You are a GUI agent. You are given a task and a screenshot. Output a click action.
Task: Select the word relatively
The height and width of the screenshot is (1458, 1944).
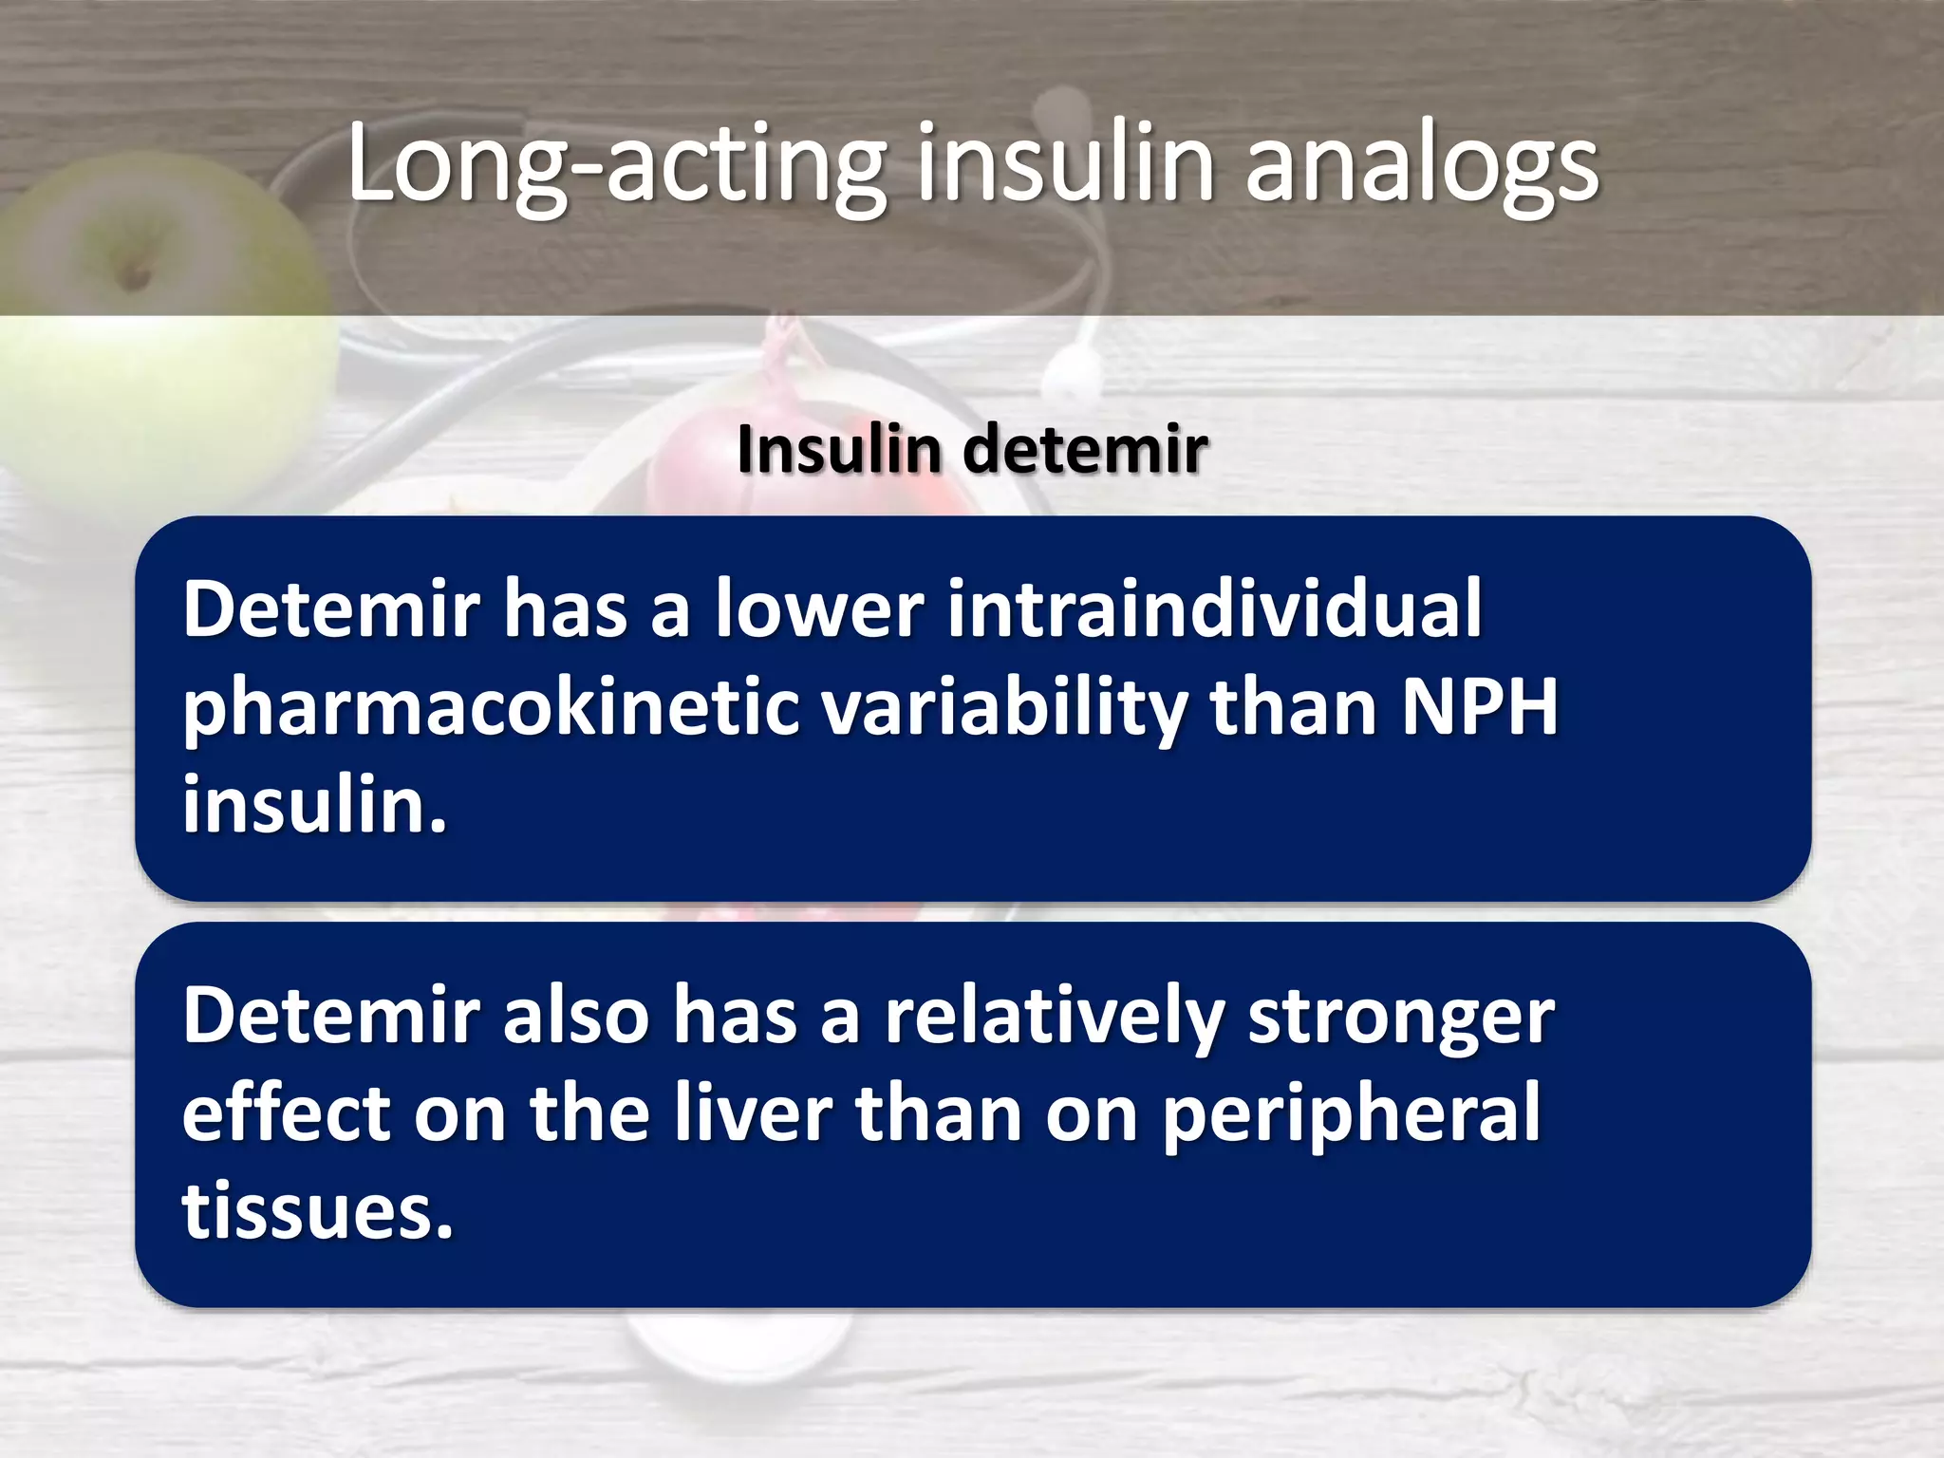tap(1053, 1017)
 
